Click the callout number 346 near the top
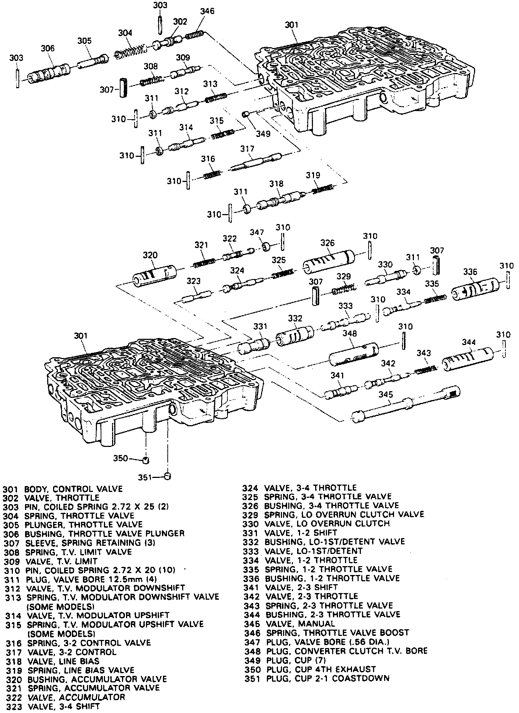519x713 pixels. [207, 11]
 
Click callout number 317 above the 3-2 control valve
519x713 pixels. [247, 149]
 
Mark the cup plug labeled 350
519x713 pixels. [146, 460]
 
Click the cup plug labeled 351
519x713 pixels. [168, 476]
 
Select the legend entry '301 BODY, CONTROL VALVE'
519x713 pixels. [63, 489]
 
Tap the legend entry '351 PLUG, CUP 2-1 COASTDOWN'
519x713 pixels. [317, 678]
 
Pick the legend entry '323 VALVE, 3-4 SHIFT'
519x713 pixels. [53, 706]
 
